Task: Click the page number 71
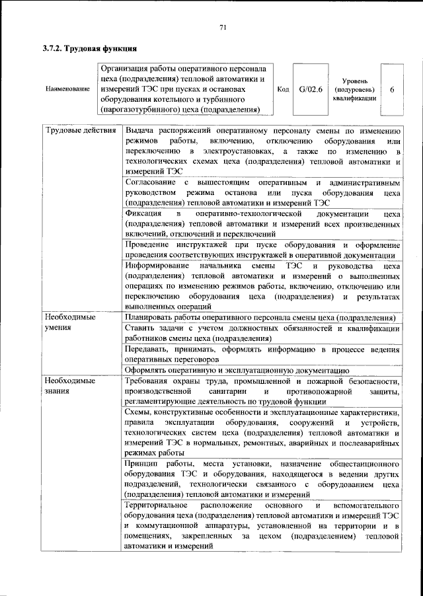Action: (223, 26)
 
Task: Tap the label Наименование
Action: (67, 89)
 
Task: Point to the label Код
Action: (282, 89)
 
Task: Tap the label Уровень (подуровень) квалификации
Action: (355, 89)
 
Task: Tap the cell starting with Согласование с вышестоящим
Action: (262, 192)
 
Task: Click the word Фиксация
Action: (144, 215)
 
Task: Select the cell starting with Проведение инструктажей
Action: (262, 250)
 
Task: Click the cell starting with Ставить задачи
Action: (262, 334)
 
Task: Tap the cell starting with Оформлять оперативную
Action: (237, 370)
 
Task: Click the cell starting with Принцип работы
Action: (262, 479)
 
